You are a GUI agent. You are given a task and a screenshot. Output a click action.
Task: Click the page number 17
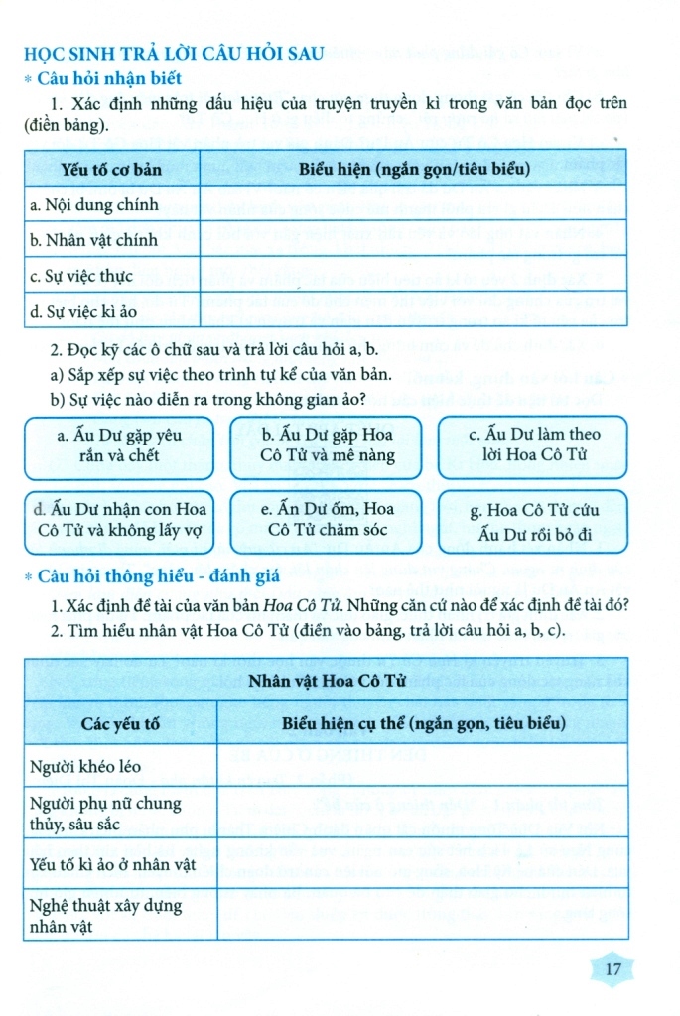click(612, 969)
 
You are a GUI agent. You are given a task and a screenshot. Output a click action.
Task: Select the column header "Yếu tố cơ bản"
click(111, 170)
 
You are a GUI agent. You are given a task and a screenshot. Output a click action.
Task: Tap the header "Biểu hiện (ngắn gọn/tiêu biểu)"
click(414, 170)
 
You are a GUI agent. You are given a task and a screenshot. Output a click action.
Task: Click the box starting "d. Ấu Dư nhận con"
click(119, 520)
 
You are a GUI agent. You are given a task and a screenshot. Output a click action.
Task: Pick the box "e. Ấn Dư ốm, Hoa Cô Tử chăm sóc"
click(328, 520)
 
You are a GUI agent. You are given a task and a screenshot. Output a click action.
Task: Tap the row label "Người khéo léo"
click(82, 765)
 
